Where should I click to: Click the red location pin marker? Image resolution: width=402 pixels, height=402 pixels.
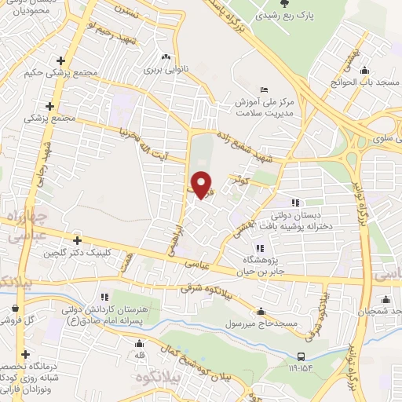[203, 185]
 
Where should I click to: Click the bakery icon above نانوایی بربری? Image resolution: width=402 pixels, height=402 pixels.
[165, 57]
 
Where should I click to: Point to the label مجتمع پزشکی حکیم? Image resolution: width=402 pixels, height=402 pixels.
[86, 71]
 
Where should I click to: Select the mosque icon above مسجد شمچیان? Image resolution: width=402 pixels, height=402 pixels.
[386, 299]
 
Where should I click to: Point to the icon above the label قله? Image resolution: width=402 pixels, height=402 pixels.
[139, 343]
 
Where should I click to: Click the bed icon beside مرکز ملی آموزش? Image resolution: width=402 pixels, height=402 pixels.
[264, 90]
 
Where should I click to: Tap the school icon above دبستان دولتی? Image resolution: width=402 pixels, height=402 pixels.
[296, 203]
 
